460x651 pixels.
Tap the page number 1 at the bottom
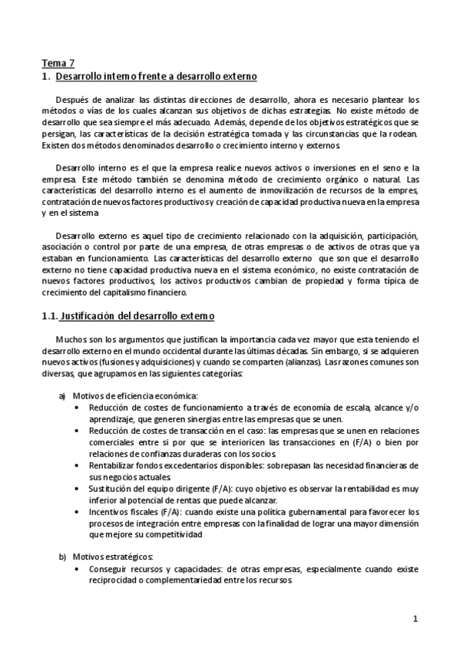pyautogui.click(x=415, y=618)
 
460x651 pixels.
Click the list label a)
pyautogui.click(x=62, y=395)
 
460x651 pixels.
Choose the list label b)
pyautogui.click(x=62, y=557)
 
